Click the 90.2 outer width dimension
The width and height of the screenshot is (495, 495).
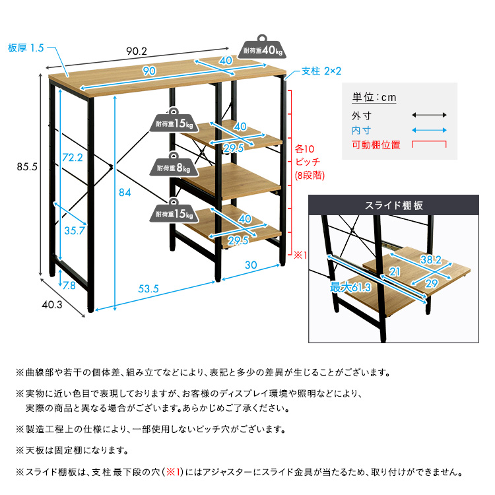137,49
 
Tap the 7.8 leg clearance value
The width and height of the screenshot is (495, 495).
70,285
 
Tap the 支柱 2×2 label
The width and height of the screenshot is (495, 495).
321,71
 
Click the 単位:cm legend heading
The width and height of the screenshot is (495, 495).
374,98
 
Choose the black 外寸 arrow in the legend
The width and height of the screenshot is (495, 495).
430,115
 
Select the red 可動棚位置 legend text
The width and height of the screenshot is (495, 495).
376,145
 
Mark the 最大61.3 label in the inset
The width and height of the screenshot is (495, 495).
350,287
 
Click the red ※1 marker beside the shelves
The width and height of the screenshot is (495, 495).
301,254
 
